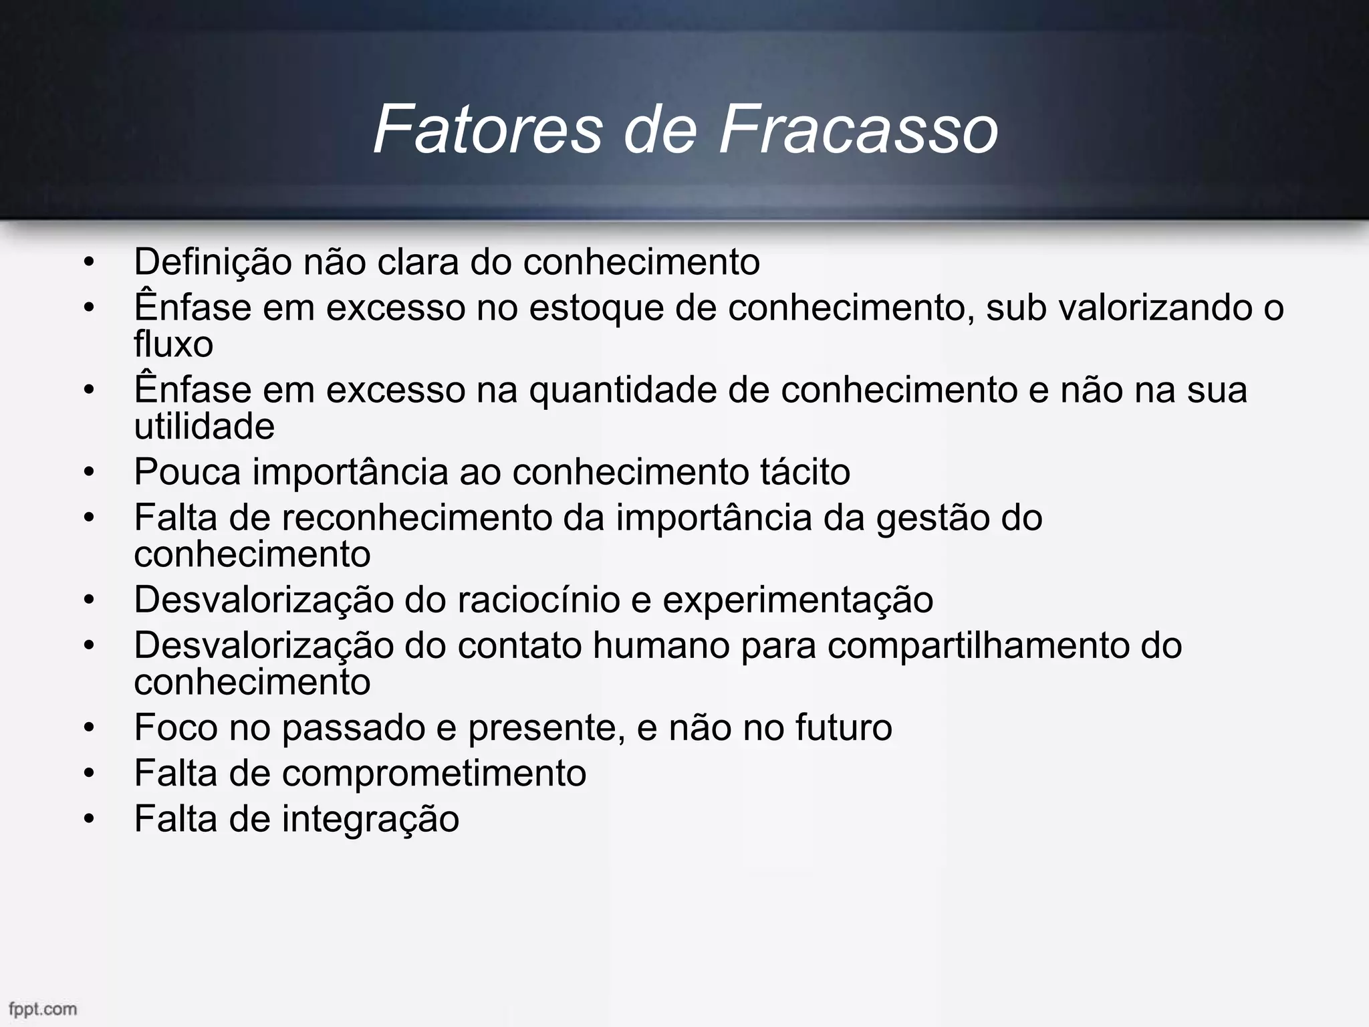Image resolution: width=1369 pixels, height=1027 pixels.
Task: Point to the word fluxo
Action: (x=173, y=345)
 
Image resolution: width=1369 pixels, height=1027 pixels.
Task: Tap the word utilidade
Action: (x=204, y=427)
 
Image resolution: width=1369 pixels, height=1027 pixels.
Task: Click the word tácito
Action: (x=805, y=472)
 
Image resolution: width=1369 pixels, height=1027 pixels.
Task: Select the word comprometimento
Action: (x=434, y=774)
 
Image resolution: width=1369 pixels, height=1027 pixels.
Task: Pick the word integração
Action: (x=370, y=820)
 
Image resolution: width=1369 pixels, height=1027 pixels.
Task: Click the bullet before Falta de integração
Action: (x=90, y=819)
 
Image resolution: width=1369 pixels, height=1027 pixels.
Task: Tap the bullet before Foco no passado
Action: (x=90, y=727)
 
